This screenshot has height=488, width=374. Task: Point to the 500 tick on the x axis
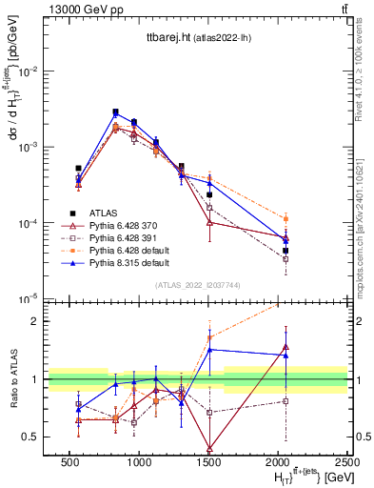click(x=69, y=461)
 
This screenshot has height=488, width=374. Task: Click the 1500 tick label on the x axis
click(x=209, y=461)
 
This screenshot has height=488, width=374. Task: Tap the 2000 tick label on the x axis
click(x=279, y=461)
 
